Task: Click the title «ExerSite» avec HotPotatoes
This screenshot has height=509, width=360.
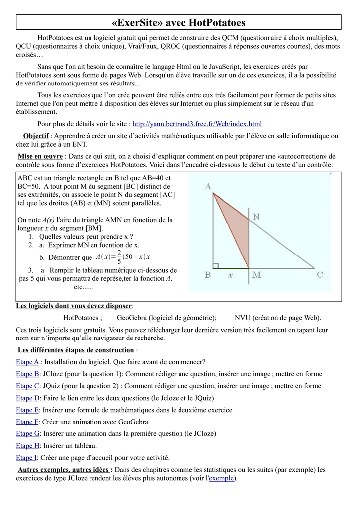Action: coord(180,23)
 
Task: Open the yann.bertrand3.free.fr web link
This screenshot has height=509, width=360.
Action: coord(197,124)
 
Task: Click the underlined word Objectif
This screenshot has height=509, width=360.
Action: coord(36,136)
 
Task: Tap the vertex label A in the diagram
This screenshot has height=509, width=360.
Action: coord(208,186)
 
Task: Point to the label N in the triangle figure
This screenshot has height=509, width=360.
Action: coord(256,217)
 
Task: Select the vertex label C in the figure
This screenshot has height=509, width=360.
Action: coord(320,275)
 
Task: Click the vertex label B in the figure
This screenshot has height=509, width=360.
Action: coord(208,275)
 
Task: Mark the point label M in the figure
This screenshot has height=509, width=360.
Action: coord(255,275)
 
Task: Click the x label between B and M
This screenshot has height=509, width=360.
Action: coord(230,275)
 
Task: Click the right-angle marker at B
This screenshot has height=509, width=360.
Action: coord(215,266)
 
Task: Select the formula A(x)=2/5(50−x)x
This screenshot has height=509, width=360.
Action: coord(123,257)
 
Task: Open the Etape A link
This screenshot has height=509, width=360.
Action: coord(27,362)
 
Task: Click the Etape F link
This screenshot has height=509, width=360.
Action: coord(27,422)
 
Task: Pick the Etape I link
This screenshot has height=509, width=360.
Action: coord(26,458)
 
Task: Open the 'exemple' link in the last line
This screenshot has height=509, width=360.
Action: coord(222,478)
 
